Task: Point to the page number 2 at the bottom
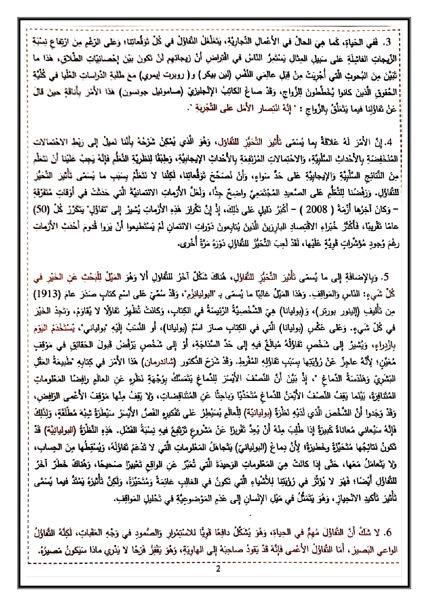click(217, 568)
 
